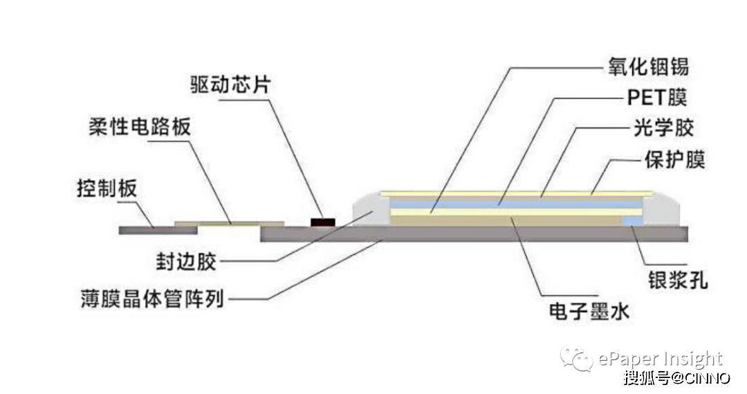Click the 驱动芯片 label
click(x=230, y=85)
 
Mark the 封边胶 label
click(x=186, y=262)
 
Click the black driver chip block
click(x=322, y=222)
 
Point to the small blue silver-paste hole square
click(x=632, y=220)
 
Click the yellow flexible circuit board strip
click(x=229, y=224)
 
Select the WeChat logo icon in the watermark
click(x=576, y=359)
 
